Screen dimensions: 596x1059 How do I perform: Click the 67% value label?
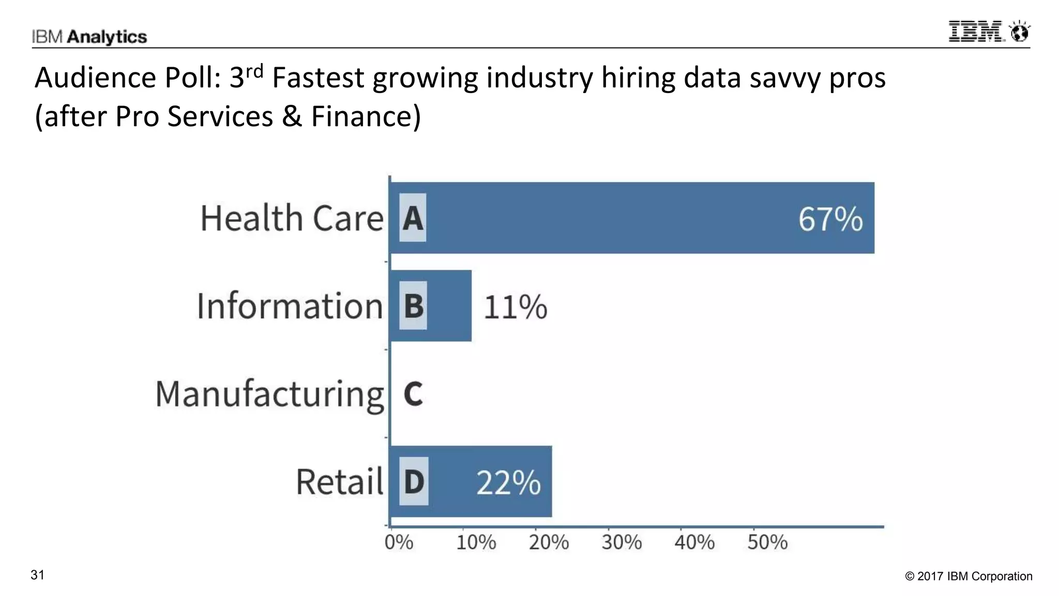tap(830, 219)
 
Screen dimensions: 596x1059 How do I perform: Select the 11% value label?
tap(515, 307)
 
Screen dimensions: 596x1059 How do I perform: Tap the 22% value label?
tap(508, 483)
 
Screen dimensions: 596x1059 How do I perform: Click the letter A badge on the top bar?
tap(413, 218)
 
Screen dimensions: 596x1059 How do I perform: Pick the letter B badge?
tap(413, 305)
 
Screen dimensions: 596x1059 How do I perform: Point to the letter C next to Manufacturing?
tap(413, 394)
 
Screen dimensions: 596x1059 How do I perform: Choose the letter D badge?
tap(414, 481)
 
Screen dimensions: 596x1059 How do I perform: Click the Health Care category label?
tap(292, 218)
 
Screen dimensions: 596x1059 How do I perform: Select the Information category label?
tap(290, 306)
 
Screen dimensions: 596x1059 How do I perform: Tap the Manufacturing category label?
tap(269, 395)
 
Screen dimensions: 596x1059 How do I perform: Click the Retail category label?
tap(339, 482)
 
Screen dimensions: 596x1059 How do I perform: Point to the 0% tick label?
tap(399, 543)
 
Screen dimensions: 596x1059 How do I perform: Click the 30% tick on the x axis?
tap(622, 543)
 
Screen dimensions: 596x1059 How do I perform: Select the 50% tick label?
tap(767, 543)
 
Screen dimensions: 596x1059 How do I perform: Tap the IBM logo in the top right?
tap(989, 32)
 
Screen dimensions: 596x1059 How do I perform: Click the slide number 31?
tap(38, 575)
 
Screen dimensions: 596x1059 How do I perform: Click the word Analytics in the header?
tap(107, 37)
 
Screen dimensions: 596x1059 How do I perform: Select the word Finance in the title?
tap(366, 116)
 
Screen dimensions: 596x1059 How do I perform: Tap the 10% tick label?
tap(476, 543)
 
